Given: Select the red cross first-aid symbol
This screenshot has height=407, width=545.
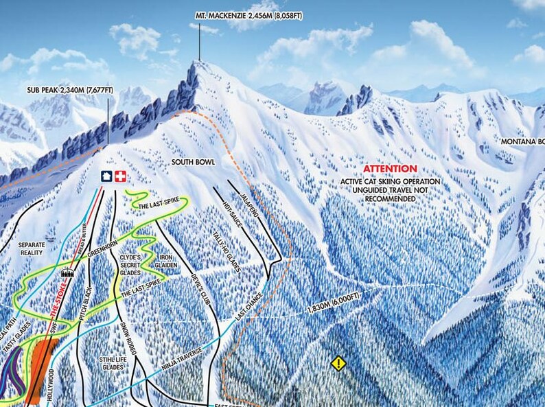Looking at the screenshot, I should [121, 176].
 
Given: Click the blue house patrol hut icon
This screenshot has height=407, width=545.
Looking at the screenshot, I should [106, 176].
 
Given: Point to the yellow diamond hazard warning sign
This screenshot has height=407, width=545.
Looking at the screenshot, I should [338, 363].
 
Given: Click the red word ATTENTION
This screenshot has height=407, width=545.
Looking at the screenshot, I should [390, 169].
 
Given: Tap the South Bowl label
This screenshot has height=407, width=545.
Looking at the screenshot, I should [193, 162].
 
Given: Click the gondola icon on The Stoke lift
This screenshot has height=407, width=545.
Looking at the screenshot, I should [67, 272].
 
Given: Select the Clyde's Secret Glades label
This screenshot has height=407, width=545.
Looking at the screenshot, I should [130, 265].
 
